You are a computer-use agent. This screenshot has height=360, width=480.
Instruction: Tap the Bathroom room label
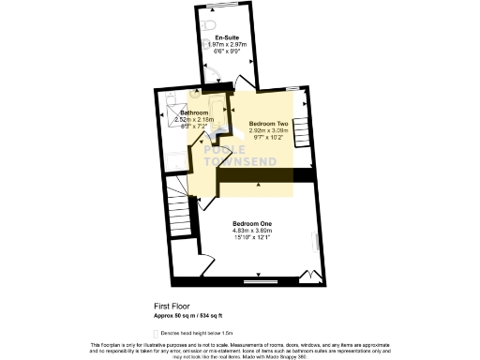(x=194, y=112)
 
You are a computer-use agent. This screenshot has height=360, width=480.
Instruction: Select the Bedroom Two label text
(x=267, y=123)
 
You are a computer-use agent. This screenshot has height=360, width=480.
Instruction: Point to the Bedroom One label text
(x=252, y=223)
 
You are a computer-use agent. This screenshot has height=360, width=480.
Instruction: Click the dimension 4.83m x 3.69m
(x=252, y=231)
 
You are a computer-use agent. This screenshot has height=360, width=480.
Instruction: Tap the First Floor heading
(x=172, y=306)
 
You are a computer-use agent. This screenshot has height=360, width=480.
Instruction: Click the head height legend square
(x=157, y=333)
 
